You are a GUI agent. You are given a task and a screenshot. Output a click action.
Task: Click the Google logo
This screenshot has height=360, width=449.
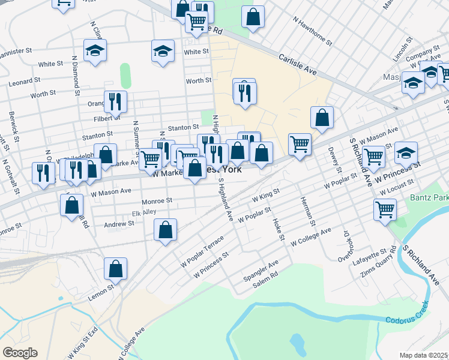pyautogui.click(x=20, y=352)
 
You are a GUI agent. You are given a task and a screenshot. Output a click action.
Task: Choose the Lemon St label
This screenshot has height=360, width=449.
pyautogui.click(x=102, y=289)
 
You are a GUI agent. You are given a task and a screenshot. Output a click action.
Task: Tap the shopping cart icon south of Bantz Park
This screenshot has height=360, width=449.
pyautogui.click(x=385, y=210)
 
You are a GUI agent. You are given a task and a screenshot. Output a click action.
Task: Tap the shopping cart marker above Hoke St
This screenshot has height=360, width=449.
pyautogui.click(x=300, y=144)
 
